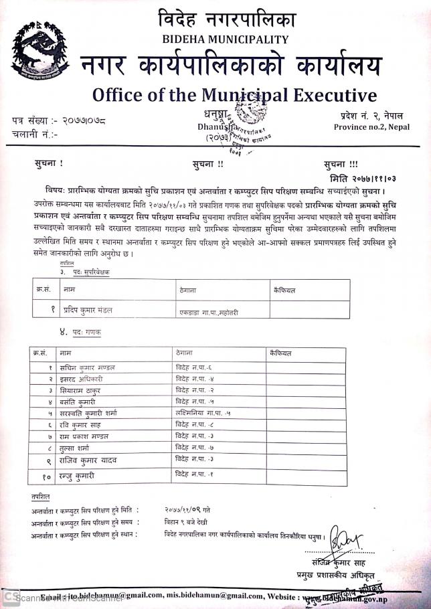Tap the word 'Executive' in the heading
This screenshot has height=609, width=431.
tap(329, 93)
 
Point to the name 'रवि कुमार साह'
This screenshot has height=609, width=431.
tap(82, 424)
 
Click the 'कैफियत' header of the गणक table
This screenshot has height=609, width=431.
tap(277, 351)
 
